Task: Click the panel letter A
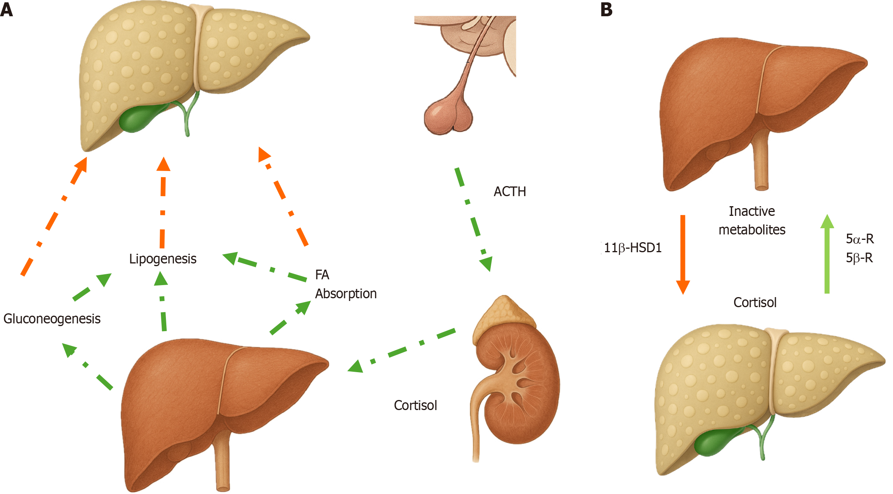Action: click(x=7, y=10)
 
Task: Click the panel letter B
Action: click(x=606, y=10)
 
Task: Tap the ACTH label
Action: click(x=509, y=191)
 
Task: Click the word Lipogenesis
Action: click(x=162, y=259)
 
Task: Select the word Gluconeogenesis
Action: click(x=52, y=319)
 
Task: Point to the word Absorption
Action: click(x=346, y=294)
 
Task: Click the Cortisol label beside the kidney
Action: click(x=415, y=405)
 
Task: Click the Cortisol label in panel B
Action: click(x=755, y=303)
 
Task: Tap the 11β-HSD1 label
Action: click(x=632, y=248)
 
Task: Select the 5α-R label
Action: click(x=859, y=239)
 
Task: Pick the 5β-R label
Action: click(x=859, y=258)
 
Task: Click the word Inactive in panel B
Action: click(x=751, y=211)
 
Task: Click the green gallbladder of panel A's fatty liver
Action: click(x=139, y=118)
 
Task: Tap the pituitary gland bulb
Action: click(x=448, y=116)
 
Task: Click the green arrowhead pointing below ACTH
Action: click(x=486, y=263)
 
